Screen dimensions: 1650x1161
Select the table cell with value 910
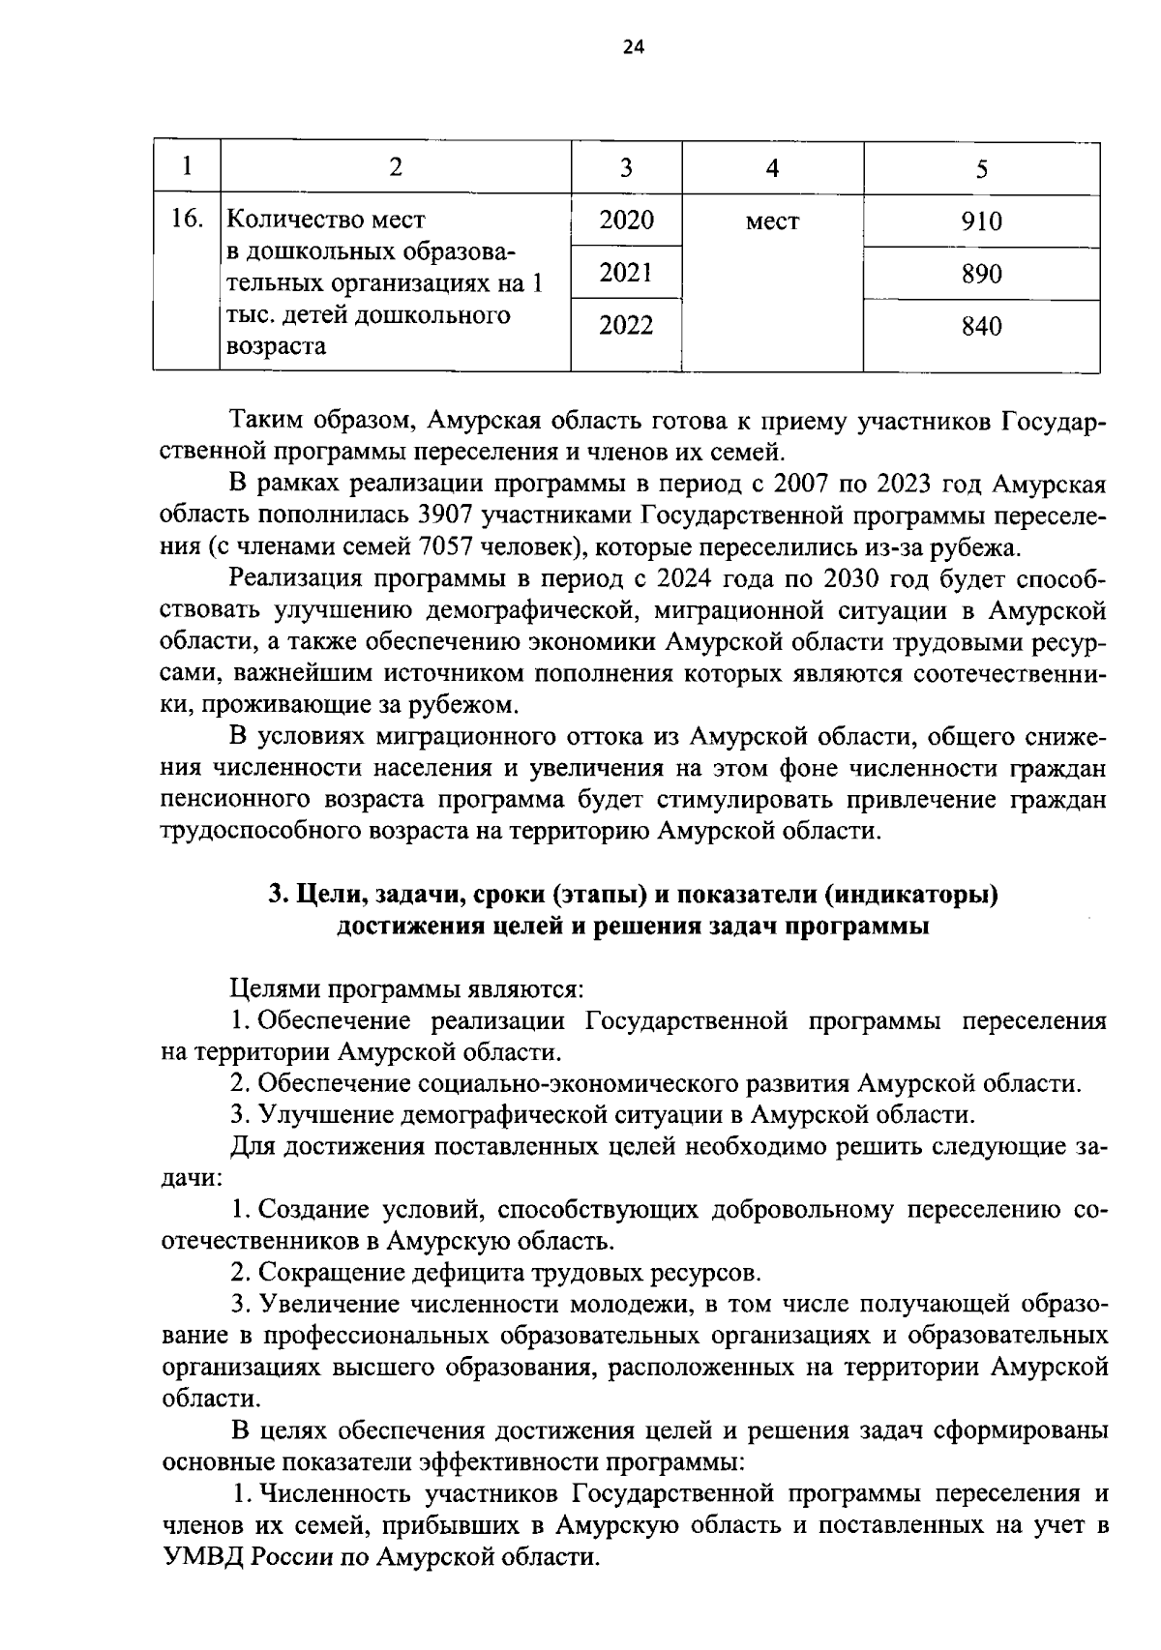click(981, 222)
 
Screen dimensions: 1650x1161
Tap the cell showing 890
click(981, 275)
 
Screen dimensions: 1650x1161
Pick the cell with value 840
click(981, 327)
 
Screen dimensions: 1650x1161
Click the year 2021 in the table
click(625, 274)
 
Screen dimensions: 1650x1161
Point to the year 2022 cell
click(625, 326)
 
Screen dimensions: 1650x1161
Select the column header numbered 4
click(772, 168)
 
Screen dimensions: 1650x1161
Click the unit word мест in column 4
click(772, 222)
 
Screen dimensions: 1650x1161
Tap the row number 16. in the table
click(186, 220)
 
